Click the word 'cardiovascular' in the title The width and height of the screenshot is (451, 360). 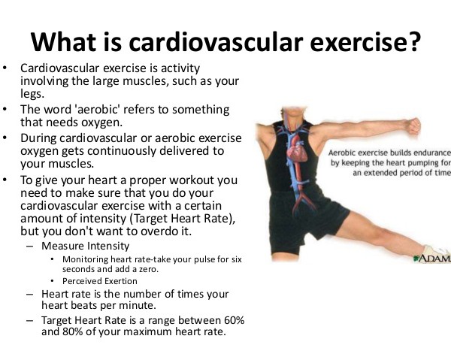coord(216,42)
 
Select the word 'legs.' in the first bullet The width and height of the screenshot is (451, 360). coord(32,94)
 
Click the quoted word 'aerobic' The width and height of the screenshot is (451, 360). coord(97,110)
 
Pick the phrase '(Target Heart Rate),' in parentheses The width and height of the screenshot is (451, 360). coord(183,219)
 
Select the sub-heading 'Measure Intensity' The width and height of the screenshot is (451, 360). coord(86,246)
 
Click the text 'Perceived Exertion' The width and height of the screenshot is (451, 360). coord(100,281)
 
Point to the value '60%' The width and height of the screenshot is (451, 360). coord(234,320)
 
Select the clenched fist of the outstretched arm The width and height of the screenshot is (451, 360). coord(413,126)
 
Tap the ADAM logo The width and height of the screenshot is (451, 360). coord(432,259)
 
